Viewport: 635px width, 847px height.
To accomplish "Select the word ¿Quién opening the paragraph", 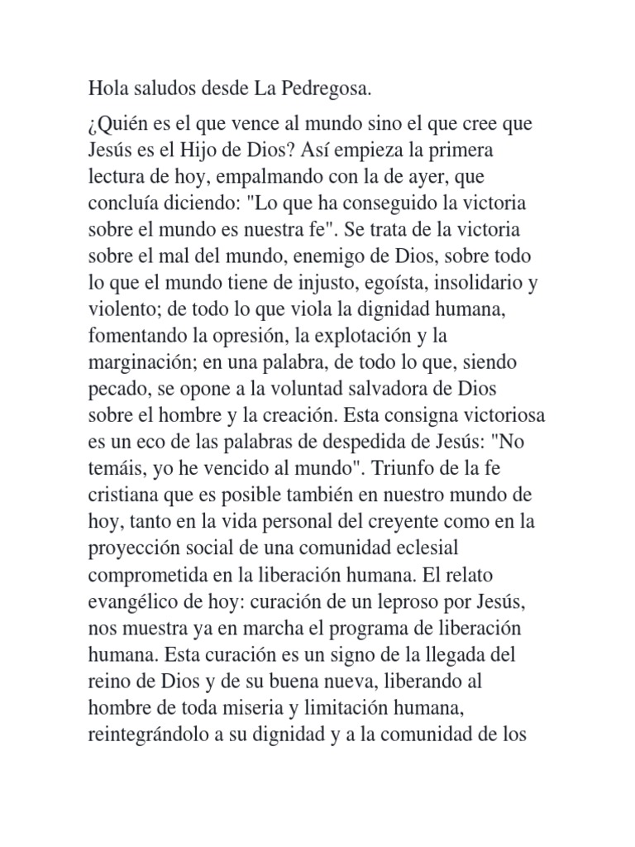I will [117, 126].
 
